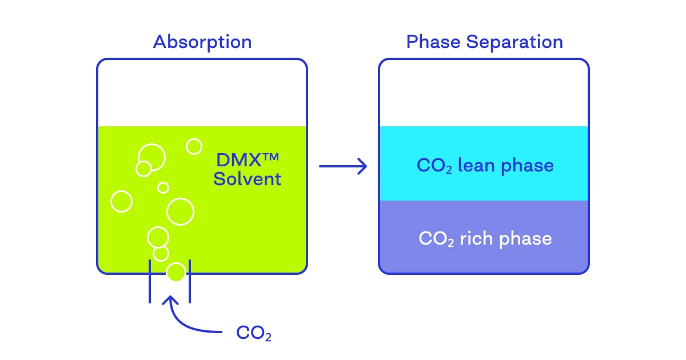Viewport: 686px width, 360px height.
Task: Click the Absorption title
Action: [202, 42]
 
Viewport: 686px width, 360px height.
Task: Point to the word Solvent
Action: [247, 179]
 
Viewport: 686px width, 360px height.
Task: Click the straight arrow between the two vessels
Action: [342, 166]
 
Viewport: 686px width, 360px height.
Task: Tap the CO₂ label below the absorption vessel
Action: [254, 333]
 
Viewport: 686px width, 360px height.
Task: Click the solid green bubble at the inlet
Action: [176, 272]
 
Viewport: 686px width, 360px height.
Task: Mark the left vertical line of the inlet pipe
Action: [150, 281]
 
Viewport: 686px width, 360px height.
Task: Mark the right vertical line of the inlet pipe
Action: [189, 281]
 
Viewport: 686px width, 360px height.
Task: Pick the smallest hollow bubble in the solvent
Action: [163, 187]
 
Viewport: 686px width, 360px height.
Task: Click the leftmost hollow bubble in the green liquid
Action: [121, 201]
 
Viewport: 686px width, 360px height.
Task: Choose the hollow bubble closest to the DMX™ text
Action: [194, 146]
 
